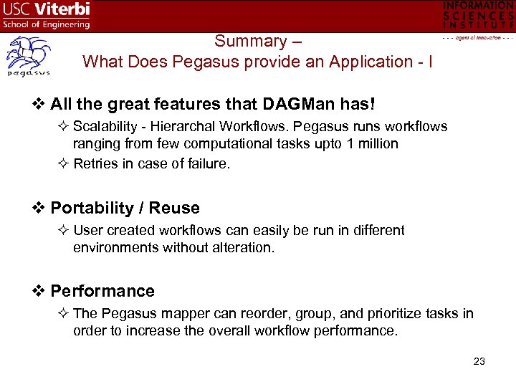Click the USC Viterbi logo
click(x=47, y=15)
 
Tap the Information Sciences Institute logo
click(x=478, y=19)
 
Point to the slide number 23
click(x=479, y=361)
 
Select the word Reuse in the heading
click(x=174, y=208)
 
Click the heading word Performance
click(x=102, y=291)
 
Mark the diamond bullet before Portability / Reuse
click(x=40, y=208)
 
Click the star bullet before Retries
click(x=63, y=164)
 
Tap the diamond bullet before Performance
click(x=40, y=291)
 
